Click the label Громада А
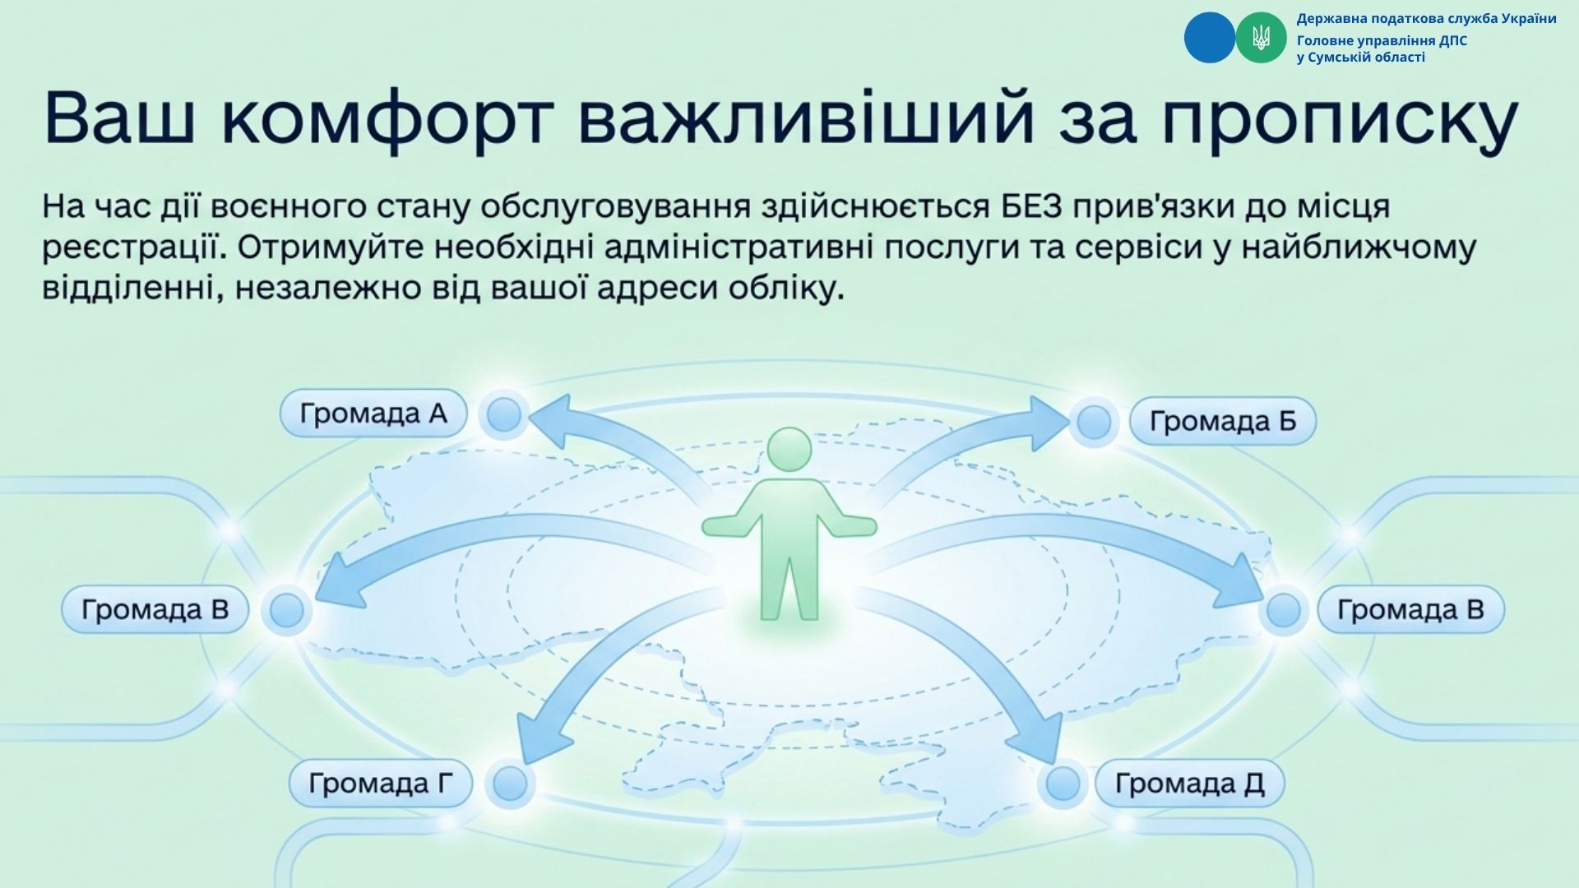coord(373,413)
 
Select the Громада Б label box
coord(1223,421)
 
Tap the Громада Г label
coord(381,784)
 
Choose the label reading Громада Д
coord(1189,784)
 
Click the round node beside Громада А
coord(504,414)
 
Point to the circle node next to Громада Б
coord(1094,423)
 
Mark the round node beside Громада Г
coord(509,784)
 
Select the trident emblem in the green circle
coord(1260,38)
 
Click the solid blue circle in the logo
coord(1210,38)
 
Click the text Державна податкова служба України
coord(1426,19)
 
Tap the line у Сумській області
coord(1360,58)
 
